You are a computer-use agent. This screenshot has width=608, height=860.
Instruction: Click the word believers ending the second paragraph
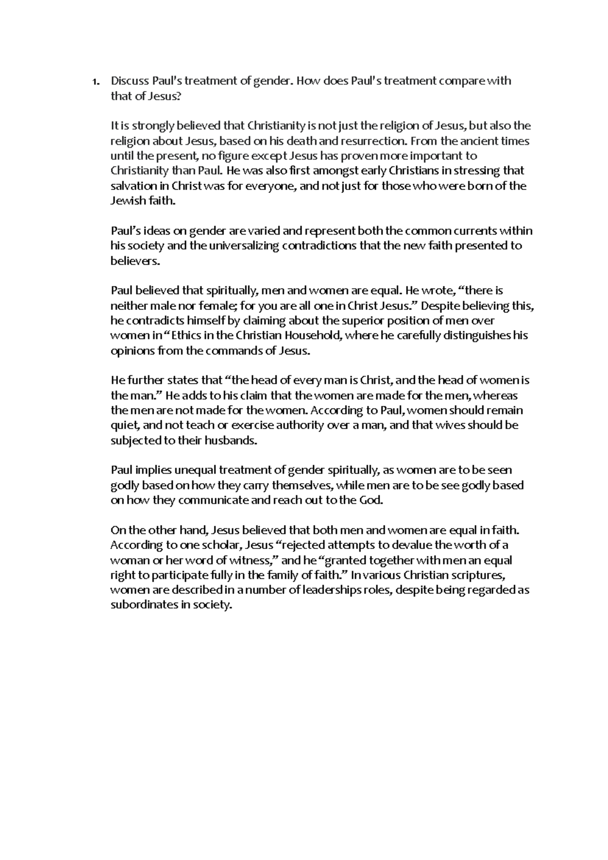click(134, 261)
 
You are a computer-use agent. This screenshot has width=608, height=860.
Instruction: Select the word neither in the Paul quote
click(127, 306)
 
